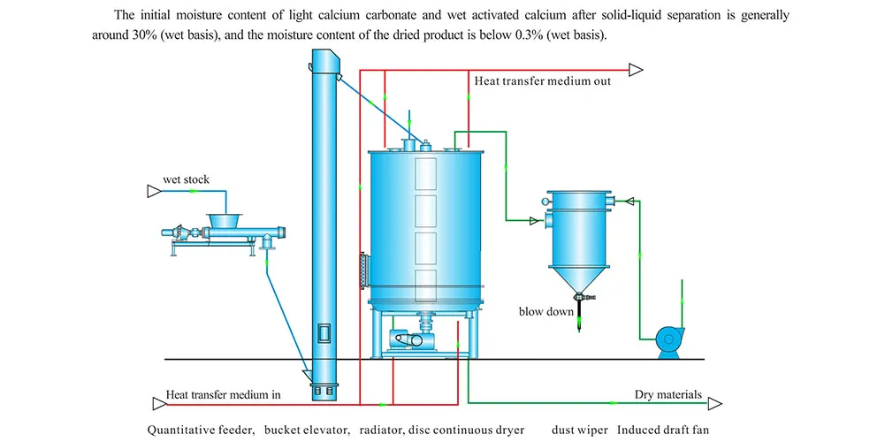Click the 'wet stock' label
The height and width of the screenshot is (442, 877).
click(186, 179)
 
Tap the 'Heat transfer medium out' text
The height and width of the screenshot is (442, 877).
click(542, 81)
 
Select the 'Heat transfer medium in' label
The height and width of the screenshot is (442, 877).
click(224, 394)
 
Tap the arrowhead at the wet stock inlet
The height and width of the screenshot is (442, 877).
click(153, 191)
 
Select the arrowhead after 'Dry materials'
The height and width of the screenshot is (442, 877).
click(713, 405)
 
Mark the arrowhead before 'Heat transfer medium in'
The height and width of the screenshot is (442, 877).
click(158, 405)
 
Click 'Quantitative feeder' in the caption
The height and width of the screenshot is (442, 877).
click(202, 431)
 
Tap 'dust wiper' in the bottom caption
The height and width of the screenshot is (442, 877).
click(580, 431)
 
